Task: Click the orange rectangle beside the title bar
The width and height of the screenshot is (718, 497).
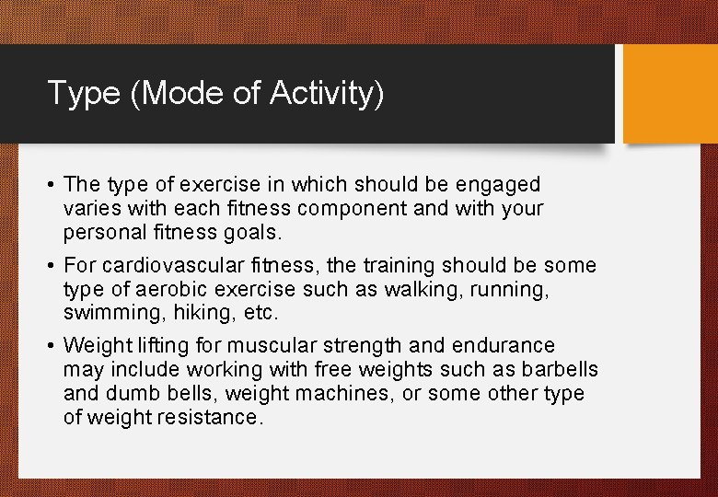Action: (x=669, y=94)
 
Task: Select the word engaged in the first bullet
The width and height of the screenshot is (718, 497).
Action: (x=501, y=185)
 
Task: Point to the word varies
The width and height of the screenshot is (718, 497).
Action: (x=92, y=209)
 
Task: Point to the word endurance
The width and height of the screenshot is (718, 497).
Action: (x=510, y=346)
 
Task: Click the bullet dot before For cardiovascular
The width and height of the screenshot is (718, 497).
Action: (x=52, y=266)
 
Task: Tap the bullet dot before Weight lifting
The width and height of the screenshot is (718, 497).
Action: (x=52, y=346)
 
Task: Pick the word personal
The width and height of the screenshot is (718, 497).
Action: (x=99, y=233)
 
